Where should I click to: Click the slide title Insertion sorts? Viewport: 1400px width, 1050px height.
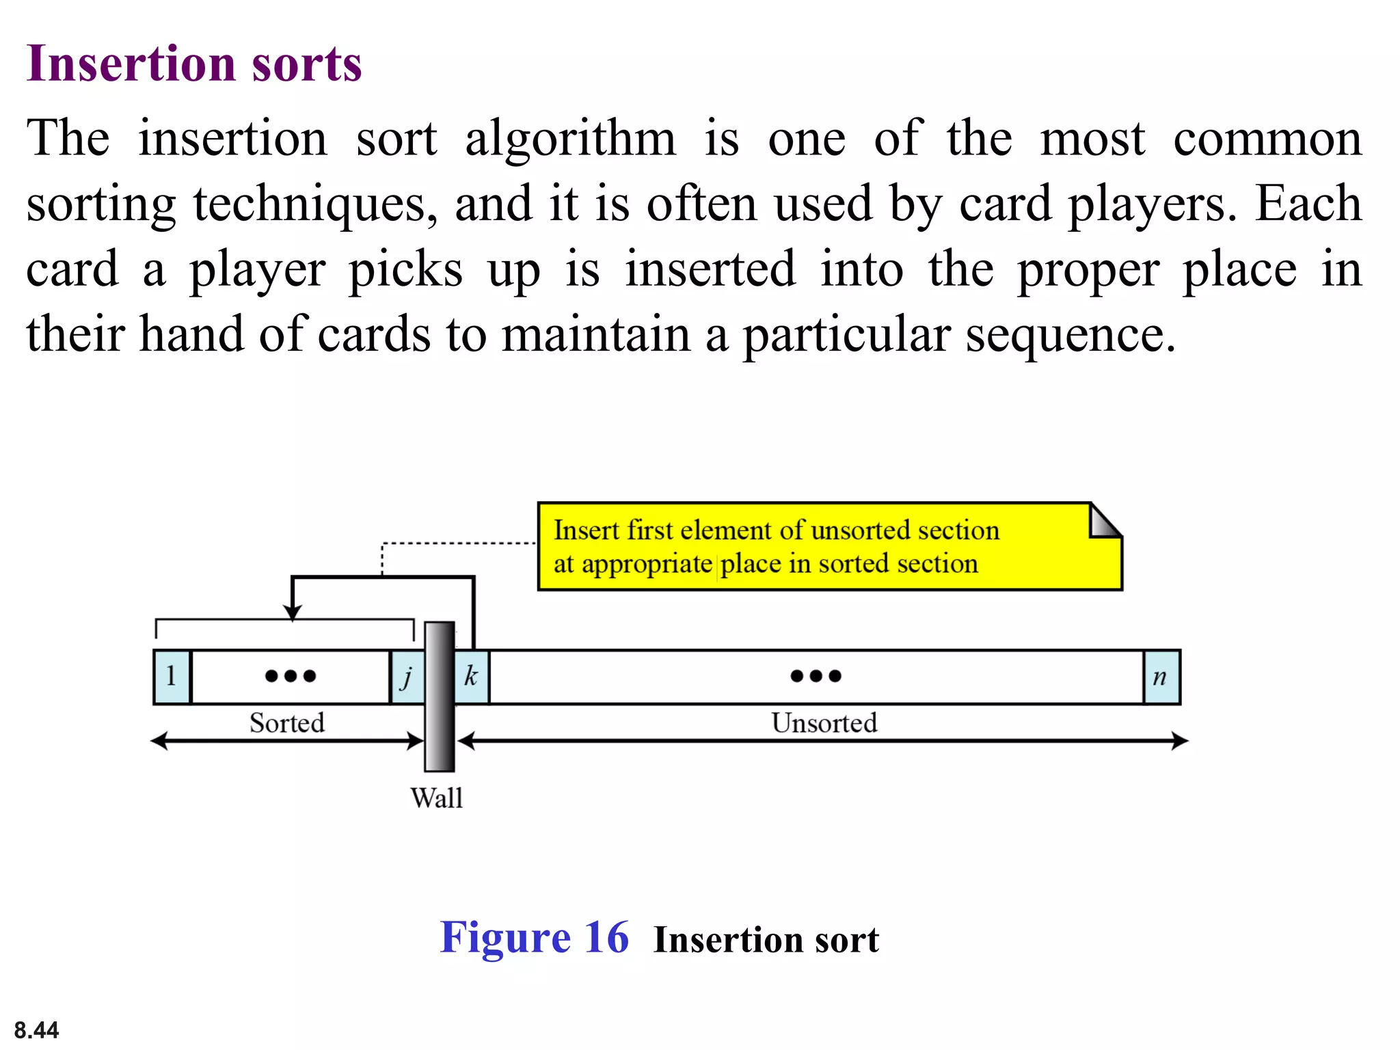(193, 64)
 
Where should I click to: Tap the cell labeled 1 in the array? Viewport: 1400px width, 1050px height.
(172, 677)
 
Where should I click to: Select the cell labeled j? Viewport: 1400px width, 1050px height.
(407, 677)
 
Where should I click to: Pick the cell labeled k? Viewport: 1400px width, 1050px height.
(472, 677)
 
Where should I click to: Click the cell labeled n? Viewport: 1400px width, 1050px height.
(1161, 677)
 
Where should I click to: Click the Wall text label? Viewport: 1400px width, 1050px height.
(437, 798)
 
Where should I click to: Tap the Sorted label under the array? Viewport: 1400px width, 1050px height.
(286, 723)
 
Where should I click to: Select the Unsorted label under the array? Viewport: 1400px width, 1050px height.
(824, 723)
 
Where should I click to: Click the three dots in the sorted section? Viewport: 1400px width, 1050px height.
(291, 676)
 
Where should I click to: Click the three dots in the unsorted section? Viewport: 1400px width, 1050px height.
(816, 676)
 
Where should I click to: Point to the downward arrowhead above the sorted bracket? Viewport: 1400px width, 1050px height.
(293, 612)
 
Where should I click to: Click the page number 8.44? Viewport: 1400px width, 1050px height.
(36, 1029)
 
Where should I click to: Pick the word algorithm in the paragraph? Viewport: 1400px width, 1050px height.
(571, 139)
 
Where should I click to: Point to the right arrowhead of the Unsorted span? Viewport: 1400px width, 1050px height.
(1181, 740)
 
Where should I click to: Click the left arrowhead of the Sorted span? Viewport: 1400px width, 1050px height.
(159, 740)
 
